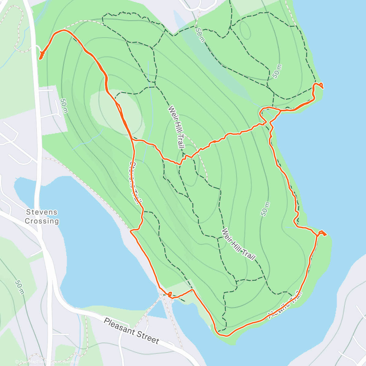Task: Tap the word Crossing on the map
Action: point(41,221)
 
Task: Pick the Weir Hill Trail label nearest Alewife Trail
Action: point(239,244)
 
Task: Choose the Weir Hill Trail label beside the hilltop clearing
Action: point(176,127)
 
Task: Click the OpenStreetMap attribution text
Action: point(64,362)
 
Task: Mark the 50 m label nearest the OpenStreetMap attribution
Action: point(19,288)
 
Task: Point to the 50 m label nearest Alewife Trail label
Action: point(265,209)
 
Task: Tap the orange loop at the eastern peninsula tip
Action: point(321,234)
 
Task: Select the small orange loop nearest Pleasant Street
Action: point(170,294)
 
